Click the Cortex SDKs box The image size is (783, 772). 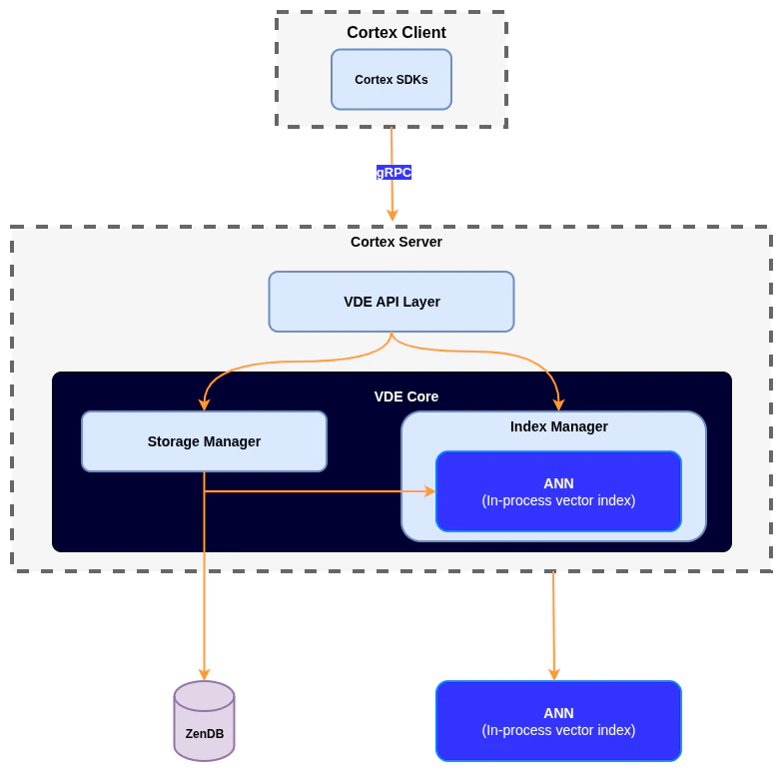click(391, 80)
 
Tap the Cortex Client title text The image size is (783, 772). click(395, 33)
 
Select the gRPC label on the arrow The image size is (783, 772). click(393, 172)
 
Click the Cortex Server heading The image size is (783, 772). click(395, 242)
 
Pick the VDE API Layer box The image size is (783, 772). click(391, 302)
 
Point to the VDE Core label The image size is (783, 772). click(405, 396)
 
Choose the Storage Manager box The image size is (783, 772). click(204, 441)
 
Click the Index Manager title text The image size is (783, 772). click(558, 426)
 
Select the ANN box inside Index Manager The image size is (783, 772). click(558, 491)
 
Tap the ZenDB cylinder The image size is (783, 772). click(204, 721)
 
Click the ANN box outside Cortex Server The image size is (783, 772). click(558, 721)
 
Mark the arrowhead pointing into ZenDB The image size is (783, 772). click(204, 674)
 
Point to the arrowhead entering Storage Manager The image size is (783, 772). click(204, 404)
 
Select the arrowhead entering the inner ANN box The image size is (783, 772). click(429, 491)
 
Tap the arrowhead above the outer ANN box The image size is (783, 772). click(554, 674)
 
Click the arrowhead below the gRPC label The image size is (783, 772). click(391, 214)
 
